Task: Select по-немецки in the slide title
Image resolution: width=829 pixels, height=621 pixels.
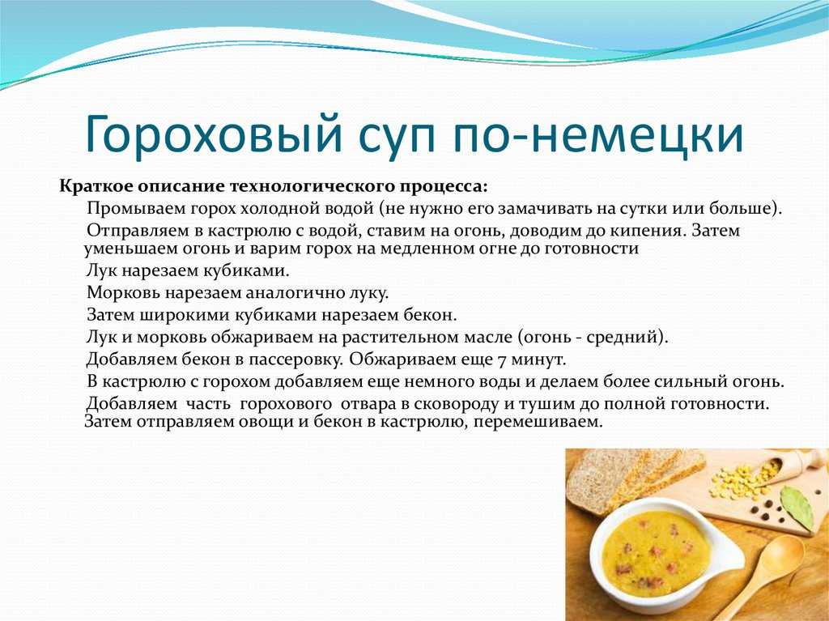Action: pyautogui.click(x=597, y=135)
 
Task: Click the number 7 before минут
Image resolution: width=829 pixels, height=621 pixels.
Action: pyautogui.click(x=502, y=359)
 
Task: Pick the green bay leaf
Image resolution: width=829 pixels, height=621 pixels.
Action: pyautogui.click(x=797, y=507)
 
